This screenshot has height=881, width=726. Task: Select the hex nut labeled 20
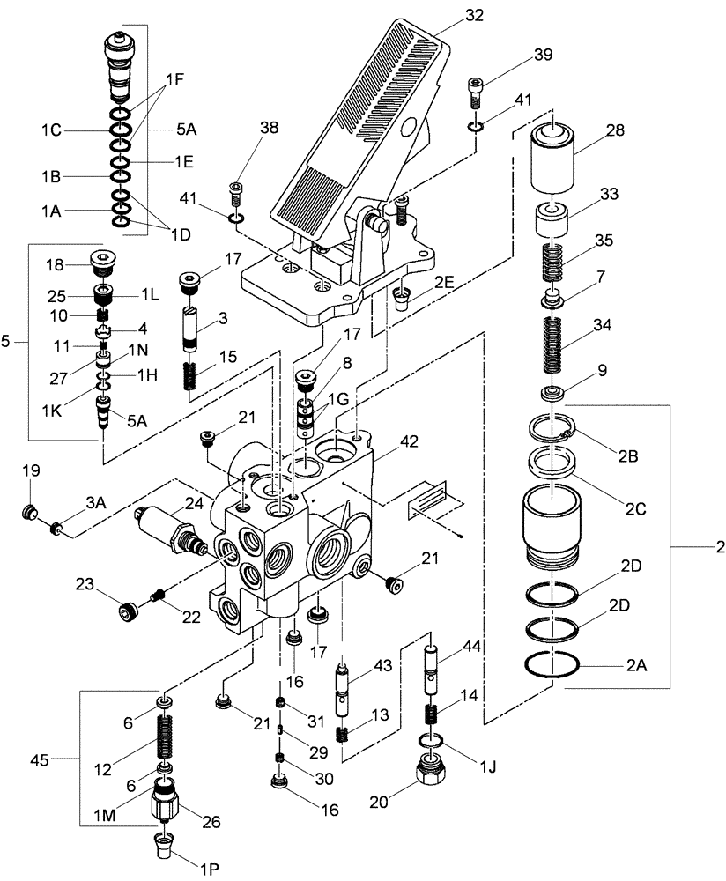[432, 775]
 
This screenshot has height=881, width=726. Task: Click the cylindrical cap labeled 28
[552, 155]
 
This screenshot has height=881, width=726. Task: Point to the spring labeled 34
[551, 349]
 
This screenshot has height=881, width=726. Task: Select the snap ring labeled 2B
[552, 431]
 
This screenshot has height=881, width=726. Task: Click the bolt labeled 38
[236, 190]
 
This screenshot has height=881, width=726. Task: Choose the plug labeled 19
[30, 512]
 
